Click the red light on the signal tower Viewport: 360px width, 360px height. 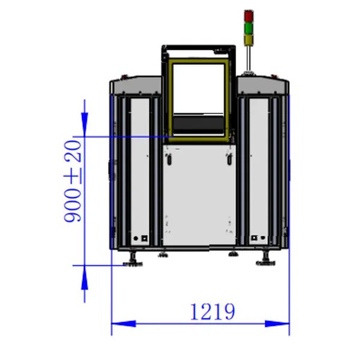tap(248, 16)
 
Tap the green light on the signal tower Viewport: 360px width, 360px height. tap(248, 28)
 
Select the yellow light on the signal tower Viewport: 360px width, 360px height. tap(248, 40)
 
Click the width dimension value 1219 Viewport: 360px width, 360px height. tap(212, 311)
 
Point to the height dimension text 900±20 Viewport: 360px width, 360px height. tap(73, 181)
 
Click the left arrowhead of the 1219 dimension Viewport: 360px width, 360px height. tap(124, 324)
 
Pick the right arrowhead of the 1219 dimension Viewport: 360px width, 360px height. tap(277, 324)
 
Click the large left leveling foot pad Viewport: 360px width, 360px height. tap(133, 264)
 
